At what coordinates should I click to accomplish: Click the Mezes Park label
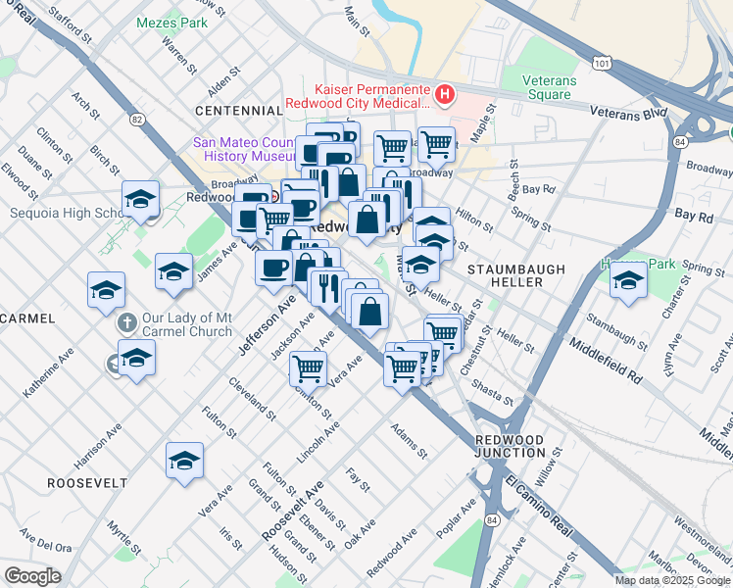[x=172, y=22]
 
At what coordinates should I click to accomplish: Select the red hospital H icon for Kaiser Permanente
[x=445, y=94]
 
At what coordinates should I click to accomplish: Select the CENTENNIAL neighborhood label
[x=238, y=111]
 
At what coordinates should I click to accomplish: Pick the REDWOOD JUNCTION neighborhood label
[x=510, y=446]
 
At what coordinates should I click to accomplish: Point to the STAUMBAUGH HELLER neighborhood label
[x=505, y=274]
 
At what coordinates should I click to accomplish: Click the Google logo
[x=32, y=576]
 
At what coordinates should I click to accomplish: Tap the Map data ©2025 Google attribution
[x=672, y=580]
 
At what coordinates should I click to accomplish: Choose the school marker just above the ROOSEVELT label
[x=184, y=459]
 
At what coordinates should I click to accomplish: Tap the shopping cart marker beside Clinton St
[x=308, y=367]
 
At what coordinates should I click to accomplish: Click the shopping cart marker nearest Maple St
[x=436, y=145]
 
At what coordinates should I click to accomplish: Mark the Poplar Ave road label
[x=457, y=516]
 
